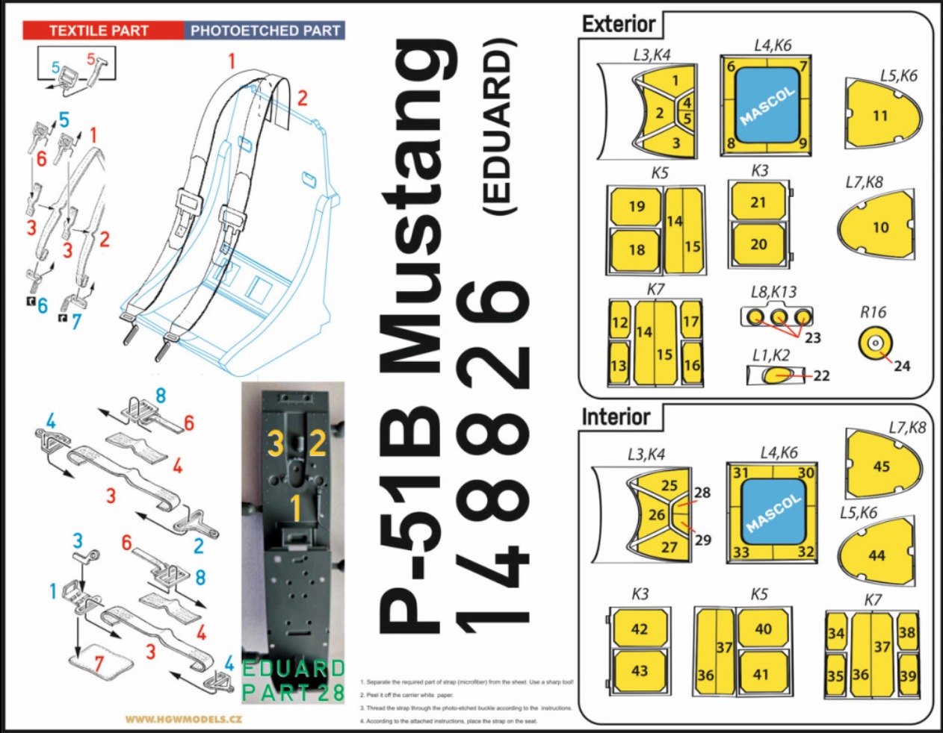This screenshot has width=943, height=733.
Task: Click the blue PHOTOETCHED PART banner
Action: pyautogui.click(x=265, y=31)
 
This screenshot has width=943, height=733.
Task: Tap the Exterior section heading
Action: pyautogui.click(x=619, y=24)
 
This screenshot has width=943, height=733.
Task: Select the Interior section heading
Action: pyautogui.click(x=616, y=417)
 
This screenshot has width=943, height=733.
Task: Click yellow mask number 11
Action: pyautogui.click(x=881, y=114)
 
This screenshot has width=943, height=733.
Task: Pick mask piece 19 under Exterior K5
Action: pyautogui.click(x=637, y=206)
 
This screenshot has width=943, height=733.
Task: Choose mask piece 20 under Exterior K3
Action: pyautogui.click(x=758, y=244)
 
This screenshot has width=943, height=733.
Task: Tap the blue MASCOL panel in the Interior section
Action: pyautogui.click(x=773, y=513)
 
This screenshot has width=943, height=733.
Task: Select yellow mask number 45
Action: pyautogui.click(x=882, y=466)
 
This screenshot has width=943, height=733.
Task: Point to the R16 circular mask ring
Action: pyautogui.click(x=876, y=343)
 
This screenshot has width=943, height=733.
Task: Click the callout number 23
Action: pyautogui.click(x=812, y=337)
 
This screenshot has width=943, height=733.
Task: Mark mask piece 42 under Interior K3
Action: pyautogui.click(x=640, y=628)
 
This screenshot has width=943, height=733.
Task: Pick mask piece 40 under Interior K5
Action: pyautogui.click(x=762, y=628)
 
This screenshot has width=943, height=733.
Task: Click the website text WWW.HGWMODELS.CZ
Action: pyautogui.click(x=183, y=720)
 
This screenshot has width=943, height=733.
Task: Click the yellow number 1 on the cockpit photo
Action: pyautogui.click(x=296, y=508)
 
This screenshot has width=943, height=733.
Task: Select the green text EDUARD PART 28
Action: pyautogui.click(x=294, y=680)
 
